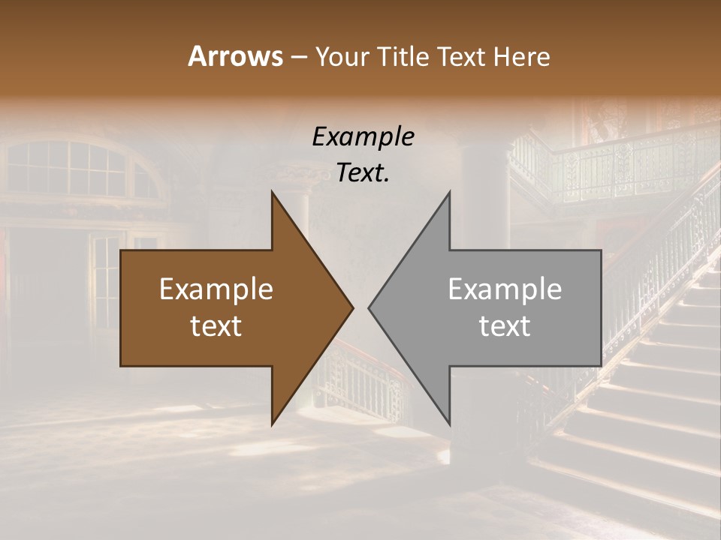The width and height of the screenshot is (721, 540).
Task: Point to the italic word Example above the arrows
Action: point(363,136)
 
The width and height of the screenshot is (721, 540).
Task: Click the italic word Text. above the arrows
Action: point(363,172)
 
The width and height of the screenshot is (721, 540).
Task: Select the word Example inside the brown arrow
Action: point(216,289)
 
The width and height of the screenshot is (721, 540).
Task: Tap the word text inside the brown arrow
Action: point(216,326)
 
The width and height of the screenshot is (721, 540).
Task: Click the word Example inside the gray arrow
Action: point(505,289)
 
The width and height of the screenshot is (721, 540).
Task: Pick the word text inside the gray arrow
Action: point(505,326)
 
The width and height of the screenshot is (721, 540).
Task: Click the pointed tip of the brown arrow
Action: point(352,307)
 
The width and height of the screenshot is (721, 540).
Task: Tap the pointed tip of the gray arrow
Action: point(369,307)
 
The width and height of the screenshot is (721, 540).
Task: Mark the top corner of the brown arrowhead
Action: point(272,192)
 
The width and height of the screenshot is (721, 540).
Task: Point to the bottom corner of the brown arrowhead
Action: point(272,424)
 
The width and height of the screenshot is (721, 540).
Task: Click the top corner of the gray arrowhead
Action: point(449,192)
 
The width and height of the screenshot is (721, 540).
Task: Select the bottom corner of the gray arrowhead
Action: point(449,424)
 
